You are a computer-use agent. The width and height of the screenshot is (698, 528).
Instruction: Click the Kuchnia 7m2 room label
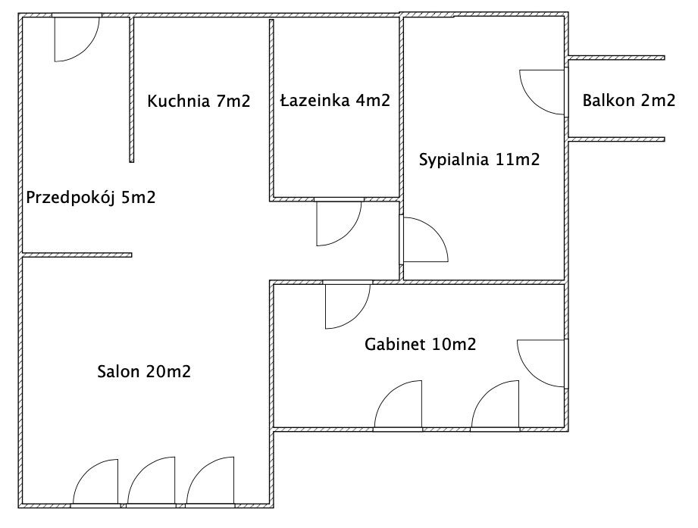199,101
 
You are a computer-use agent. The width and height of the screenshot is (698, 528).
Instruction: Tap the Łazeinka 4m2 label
335,100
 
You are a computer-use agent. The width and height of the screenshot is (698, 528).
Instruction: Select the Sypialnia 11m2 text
480,159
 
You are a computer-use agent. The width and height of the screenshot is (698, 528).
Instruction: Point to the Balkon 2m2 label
628,100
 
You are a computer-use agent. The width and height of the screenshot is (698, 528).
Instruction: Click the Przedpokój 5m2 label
91,197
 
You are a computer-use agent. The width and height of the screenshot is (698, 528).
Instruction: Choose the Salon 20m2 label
144,371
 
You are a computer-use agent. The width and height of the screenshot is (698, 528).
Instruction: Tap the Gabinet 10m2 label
420,344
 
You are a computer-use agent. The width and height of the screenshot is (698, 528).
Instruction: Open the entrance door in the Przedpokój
77,38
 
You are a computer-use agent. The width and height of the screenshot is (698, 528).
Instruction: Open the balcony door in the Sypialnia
544,92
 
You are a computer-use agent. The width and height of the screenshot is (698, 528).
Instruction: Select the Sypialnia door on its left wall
424,239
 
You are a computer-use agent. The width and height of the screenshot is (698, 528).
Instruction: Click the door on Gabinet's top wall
348,305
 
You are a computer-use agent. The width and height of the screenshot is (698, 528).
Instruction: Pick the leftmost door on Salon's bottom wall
95,483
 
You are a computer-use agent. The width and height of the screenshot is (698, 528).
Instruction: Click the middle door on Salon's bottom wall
152,483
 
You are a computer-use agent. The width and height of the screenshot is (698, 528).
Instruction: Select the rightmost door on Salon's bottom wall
210,483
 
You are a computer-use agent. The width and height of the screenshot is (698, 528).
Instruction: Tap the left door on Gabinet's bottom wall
398,406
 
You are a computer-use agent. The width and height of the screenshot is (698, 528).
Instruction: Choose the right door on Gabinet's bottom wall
495,406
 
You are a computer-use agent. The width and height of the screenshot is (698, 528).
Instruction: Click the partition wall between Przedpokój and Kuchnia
132,89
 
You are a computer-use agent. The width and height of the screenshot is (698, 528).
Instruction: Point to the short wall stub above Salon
77,255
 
